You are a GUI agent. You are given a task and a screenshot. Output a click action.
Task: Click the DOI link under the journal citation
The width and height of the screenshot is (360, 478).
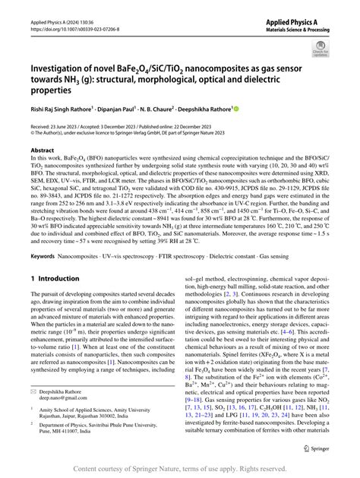[67, 34]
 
